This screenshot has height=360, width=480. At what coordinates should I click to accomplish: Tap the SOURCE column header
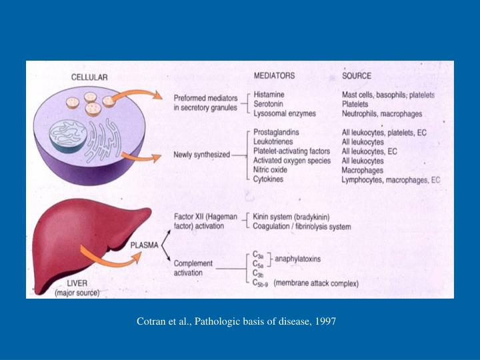click(x=357, y=75)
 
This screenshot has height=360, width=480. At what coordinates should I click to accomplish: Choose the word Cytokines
click(x=270, y=179)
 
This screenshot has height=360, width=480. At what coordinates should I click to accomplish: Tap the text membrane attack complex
click(x=316, y=283)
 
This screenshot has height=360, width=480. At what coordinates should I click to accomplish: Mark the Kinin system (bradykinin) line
click(x=292, y=217)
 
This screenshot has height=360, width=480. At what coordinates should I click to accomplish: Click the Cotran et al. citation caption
click(x=237, y=322)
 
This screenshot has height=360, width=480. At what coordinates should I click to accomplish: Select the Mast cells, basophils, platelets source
click(x=388, y=95)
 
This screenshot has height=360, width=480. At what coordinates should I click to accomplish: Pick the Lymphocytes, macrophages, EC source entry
click(x=391, y=180)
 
